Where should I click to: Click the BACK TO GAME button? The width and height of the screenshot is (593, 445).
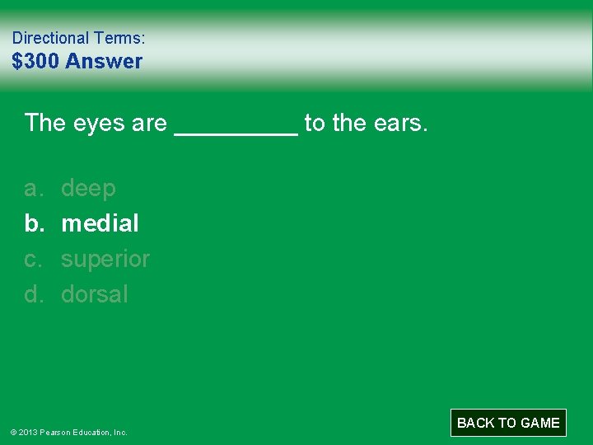[x=508, y=423]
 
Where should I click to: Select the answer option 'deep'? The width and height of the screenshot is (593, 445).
[x=88, y=189]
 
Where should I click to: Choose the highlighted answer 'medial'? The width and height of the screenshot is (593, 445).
[x=100, y=223]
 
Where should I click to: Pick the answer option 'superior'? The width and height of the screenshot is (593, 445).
[x=105, y=259]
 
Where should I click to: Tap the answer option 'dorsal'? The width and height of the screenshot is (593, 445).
[x=95, y=294]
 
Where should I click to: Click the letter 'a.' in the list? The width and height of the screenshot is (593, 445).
[x=33, y=189]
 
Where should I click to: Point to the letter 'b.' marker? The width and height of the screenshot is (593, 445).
[x=33, y=223]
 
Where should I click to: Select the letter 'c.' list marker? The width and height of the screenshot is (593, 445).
[x=33, y=259]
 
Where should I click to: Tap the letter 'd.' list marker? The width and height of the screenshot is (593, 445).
[x=33, y=294]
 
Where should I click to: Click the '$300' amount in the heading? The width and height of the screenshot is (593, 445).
[x=35, y=61]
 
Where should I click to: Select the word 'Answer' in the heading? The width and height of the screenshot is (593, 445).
[x=104, y=61]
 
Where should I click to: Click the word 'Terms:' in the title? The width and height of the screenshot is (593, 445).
[x=119, y=38]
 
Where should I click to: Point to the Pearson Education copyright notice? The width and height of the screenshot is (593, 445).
[x=69, y=432]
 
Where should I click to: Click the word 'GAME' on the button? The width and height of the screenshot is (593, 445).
[x=540, y=423]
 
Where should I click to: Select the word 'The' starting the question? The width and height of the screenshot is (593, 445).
[x=45, y=124]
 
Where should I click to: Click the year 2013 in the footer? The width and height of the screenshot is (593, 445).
[x=28, y=432]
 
